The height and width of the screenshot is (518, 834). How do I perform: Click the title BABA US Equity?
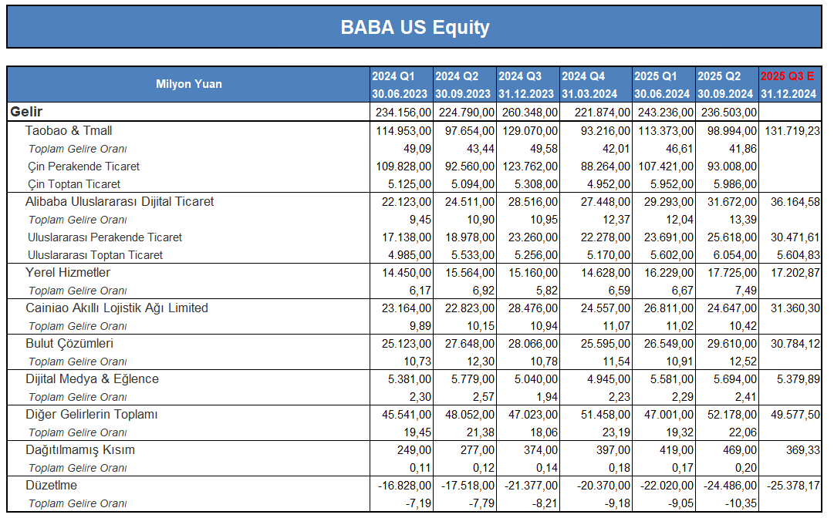[x=415, y=27]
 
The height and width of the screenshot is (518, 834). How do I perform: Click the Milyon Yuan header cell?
[x=189, y=84]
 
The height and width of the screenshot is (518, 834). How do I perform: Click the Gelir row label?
[x=26, y=112]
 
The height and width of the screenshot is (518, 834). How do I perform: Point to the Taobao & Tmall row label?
[x=69, y=131]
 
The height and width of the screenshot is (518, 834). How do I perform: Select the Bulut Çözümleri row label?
[x=69, y=344]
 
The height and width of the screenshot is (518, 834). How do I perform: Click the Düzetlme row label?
[x=52, y=485]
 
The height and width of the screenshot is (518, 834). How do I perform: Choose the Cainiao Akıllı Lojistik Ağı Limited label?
[x=117, y=308]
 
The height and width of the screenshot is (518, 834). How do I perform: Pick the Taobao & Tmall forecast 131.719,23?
[x=792, y=131]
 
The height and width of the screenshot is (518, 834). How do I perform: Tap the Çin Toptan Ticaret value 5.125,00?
[x=410, y=183]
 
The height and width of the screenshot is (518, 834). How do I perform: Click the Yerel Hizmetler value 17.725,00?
[x=732, y=273]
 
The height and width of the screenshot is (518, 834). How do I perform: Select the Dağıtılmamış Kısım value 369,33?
[x=803, y=450]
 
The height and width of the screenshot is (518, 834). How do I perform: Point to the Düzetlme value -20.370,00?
[x=603, y=486]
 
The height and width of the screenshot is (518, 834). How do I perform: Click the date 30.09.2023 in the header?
[x=463, y=94]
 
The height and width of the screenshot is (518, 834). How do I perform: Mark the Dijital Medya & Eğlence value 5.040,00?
[x=536, y=379]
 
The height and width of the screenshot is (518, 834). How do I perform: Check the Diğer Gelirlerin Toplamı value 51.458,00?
[x=606, y=415]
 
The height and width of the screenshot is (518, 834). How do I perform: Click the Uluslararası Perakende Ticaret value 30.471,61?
[x=795, y=237]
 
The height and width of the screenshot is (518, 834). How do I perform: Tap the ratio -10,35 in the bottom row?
[x=741, y=503]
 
